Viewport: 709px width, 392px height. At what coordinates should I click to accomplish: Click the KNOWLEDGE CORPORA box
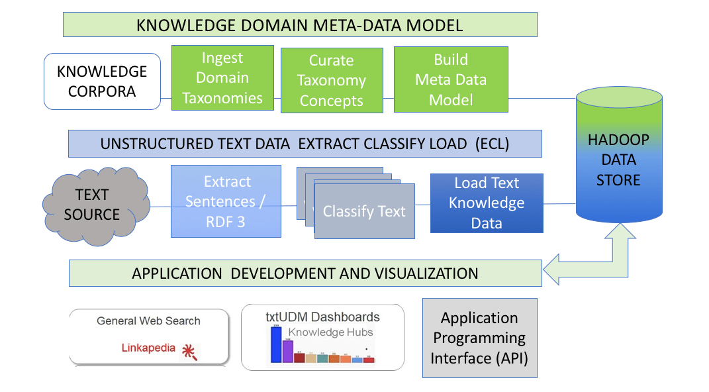click(102, 81)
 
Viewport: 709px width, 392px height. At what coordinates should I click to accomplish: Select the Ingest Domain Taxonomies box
click(222, 78)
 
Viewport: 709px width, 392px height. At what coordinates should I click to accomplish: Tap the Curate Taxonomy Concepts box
click(332, 80)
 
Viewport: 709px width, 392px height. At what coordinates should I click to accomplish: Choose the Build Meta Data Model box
click(451, 79)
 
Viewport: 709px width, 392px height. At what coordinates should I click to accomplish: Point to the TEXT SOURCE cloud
click(97, 204)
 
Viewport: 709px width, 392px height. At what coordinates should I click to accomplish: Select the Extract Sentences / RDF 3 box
click(226, 201)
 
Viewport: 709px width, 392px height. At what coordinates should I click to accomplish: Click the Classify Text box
click(364, 212)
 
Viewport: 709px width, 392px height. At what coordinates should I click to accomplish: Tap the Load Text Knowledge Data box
click(487, 203)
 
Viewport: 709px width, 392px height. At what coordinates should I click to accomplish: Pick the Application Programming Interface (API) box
click(479, 338)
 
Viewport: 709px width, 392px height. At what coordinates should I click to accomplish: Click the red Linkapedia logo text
click(149, 347)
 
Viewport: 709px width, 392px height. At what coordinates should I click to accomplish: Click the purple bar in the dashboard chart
click(287, 351)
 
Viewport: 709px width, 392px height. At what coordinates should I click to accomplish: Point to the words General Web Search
click(148, 321)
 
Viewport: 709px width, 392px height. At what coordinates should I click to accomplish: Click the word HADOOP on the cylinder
click(619, 140)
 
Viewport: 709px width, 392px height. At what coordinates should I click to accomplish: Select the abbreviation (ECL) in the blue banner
click(492, 144)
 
